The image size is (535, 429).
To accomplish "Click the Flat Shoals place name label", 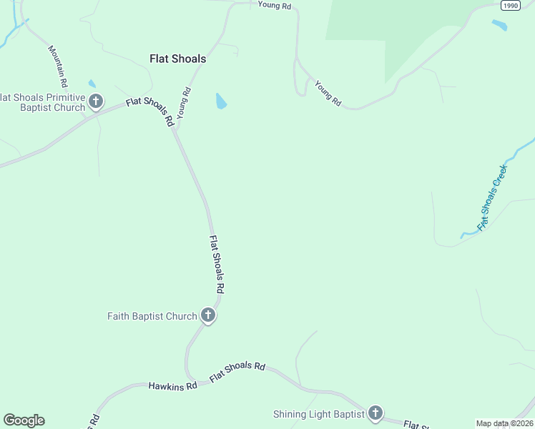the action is tap(177, 59).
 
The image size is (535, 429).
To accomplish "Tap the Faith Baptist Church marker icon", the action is tap(208, 315).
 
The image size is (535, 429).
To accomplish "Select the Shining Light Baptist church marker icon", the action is tap(375, 413).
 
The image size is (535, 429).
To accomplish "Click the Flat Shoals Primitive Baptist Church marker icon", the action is tap(96, 102).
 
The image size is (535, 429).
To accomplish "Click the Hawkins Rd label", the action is tap(172, 386).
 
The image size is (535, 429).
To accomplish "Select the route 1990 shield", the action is tap(510, 5).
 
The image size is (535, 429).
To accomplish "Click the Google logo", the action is tap(24, 420).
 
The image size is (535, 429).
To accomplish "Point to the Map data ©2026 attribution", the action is tap(504, 423).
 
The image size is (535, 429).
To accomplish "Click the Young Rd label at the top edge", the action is tap(275, 6).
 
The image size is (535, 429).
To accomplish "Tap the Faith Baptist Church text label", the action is tap(152, 316).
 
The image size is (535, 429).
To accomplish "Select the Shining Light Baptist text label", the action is tap(318, 414).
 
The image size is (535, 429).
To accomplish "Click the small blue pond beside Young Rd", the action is tap(221, 101).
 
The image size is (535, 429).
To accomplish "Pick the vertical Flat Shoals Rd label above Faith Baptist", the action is tap(217, 265).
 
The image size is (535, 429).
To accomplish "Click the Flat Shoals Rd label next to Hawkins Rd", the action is tap(237, 371).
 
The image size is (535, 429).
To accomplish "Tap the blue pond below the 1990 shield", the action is tap(499, 25).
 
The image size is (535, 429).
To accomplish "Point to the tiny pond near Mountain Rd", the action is tap(92, 84).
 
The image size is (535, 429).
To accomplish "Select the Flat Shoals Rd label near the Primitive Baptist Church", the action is tap(150, 112).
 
